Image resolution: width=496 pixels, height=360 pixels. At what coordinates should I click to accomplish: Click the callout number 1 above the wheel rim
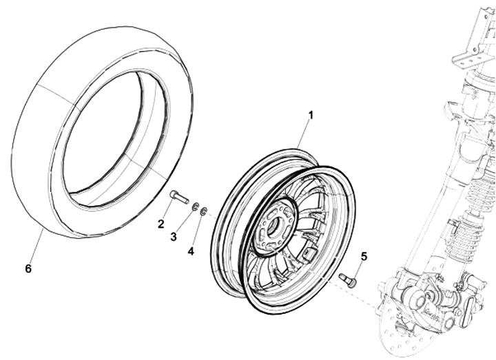(x=310, y=115)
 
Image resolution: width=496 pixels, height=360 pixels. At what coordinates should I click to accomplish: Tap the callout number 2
(x=161, y=223)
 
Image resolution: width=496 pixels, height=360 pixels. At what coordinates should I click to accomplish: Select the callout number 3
(x=174, y=237)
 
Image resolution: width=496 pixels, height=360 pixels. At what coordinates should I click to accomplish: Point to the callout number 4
(x=191, y=251)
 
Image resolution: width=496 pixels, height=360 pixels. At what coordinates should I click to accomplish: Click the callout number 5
(x=364, y=256)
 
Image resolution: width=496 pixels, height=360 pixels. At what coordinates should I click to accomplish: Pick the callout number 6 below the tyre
(x=28, y=268)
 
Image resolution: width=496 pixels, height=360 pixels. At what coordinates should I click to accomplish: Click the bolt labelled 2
(x=178, y=198)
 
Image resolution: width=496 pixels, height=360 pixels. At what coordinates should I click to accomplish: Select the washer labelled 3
(x=195, y=207)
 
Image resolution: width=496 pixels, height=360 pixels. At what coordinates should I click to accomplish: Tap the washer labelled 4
(x=203, y=211)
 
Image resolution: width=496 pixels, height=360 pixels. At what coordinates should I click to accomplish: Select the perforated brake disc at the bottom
(x=406, y=337)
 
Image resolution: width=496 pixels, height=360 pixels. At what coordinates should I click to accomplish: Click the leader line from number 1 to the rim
(x=303, y=134)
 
